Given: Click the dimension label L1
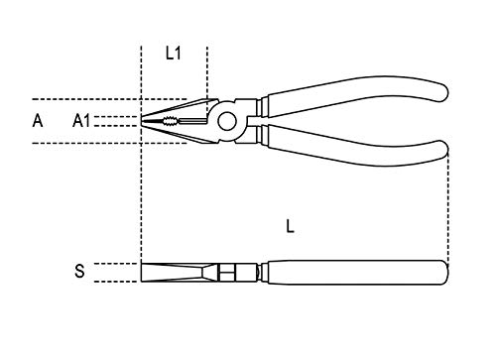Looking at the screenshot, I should pyautogui.click(x=174, y=55).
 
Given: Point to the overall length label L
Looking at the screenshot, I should pyautogui.click(x=289, y=226).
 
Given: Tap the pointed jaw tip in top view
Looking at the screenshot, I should pyautogui.click(x=143, y=122).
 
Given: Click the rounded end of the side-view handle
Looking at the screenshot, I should pyautogui.click(x=444, y=271).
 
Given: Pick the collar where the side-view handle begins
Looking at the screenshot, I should pyautogui.click(x=264, y=271).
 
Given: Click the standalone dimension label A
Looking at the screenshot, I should pyautogui.click(x=38, y=121).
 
